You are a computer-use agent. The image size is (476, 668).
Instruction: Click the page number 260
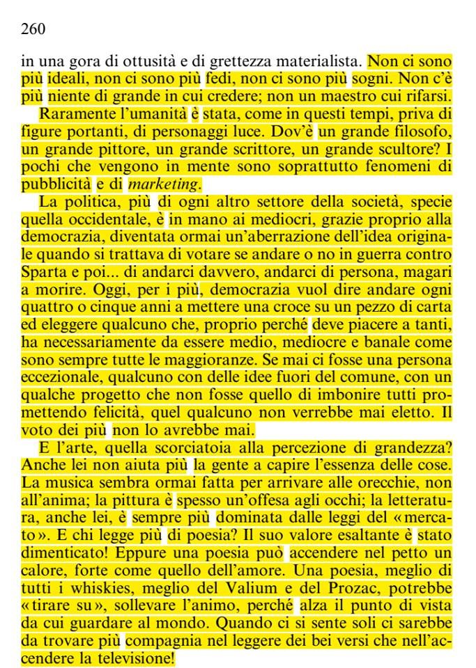[x=33, y=29]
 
